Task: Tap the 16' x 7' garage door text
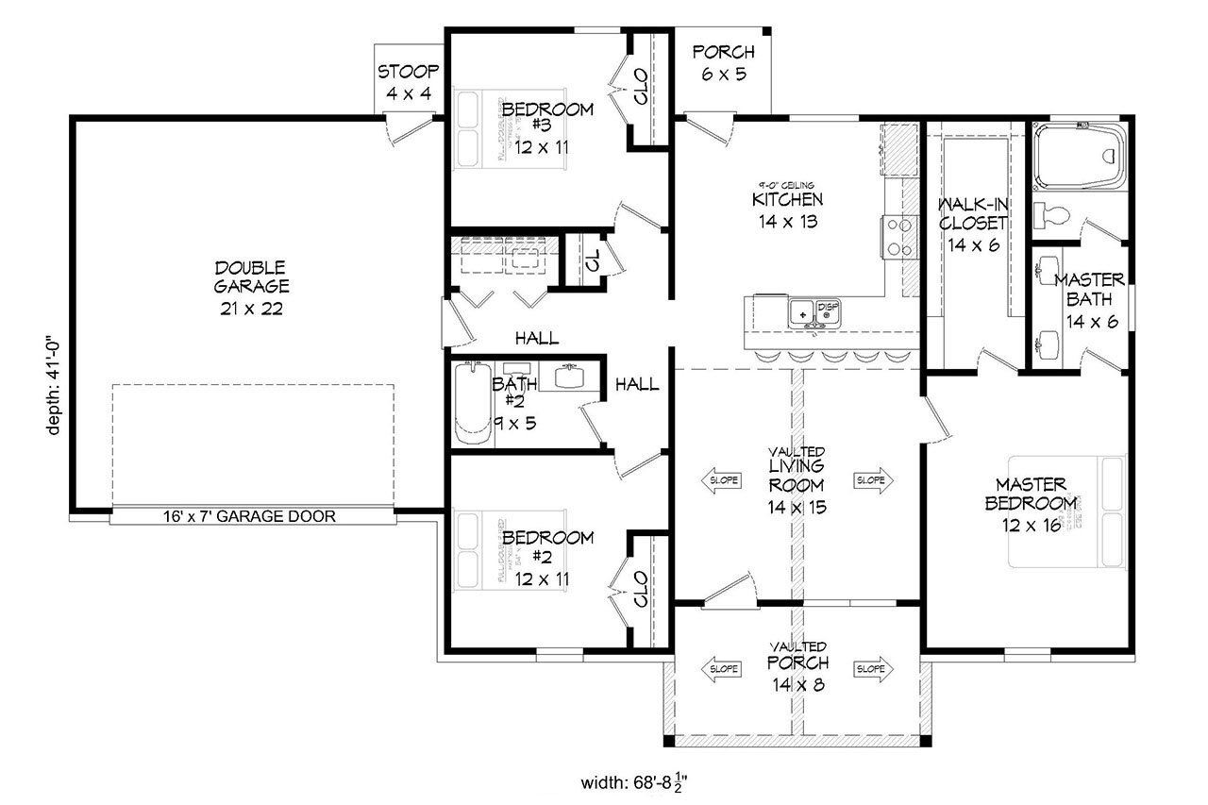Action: pos(250,516)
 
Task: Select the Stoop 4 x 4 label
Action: pos(409,82)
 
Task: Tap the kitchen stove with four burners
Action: pos(898,237)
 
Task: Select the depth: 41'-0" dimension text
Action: pos(55,381)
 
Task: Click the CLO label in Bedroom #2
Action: pos(642,590)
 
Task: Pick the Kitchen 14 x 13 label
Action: pos(786,210)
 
